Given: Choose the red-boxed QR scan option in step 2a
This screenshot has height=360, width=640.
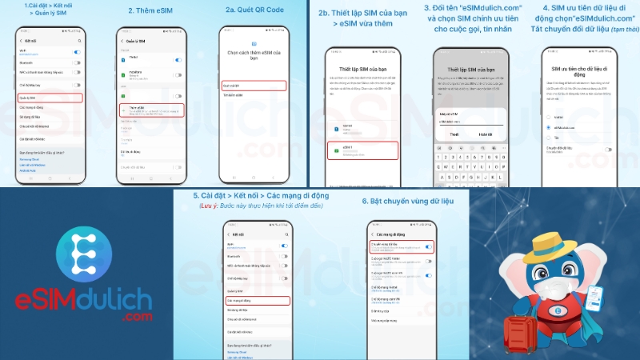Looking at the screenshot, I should point(253,85).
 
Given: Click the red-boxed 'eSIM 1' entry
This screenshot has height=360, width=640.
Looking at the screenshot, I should point(363,150).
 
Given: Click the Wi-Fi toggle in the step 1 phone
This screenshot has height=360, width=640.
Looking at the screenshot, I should point(77,52).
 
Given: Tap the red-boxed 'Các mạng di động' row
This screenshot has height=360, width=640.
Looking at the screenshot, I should point(256,300).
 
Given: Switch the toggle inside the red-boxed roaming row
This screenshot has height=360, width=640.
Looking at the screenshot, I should point(429,248).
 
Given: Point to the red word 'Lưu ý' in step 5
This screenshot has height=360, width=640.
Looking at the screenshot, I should point(210,206).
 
